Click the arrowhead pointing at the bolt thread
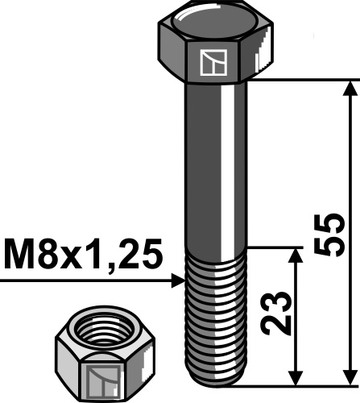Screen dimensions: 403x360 179,280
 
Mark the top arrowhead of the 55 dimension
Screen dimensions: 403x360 350,89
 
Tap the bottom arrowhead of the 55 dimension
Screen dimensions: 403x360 350,376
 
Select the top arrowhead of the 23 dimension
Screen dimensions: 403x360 296,257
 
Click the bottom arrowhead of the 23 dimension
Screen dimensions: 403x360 296,376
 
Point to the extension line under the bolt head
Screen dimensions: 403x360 298,80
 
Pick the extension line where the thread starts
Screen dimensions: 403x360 274,248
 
